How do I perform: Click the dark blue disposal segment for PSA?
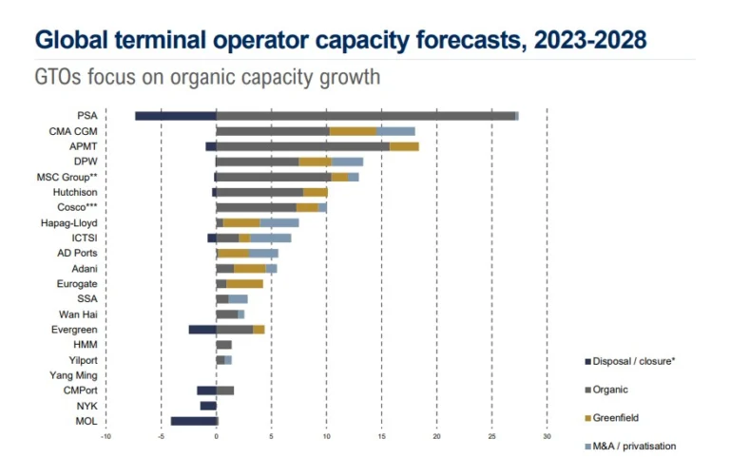pyautogui.click(x=175, y=116)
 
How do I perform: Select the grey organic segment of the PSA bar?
pyautogui.click(x=366, y=116)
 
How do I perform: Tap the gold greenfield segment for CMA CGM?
pyautogui.click(x=353, y=131)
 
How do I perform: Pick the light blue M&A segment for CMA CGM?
pyautogui.click(x=395, y=131)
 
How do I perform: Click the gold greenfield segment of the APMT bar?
pyautogui.click(x=404, y=146)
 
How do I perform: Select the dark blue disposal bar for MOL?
pyautogui.click(x=194, y=421)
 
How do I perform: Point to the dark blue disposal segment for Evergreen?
pyautogui.click(x=202, y=329)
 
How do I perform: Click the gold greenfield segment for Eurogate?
pyautogui.click(x=244, y=283)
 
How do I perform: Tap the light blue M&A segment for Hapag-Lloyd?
pyautogui.click(x=279, y=222)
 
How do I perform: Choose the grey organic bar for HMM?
pyautogui.click(x=223, y=344)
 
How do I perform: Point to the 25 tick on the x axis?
pyautogui.click(x=491, y=438)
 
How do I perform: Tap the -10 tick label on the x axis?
pyautogui.click(x=106, y=438)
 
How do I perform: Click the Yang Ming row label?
pyautogui.click(x=77, y=375)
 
